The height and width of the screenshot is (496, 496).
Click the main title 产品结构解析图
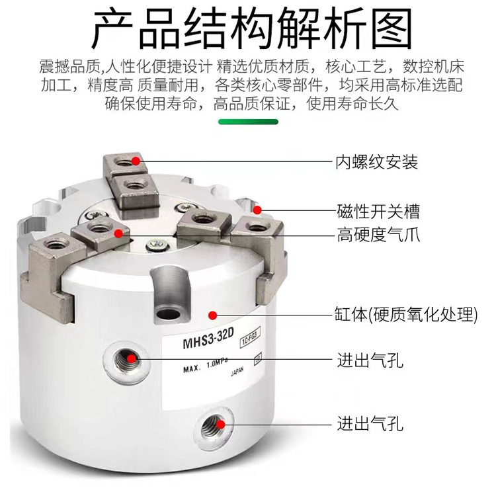point(251,28)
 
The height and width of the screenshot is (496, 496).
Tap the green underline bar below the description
point(248,122)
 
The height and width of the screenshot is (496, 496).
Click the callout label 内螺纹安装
point(377,162)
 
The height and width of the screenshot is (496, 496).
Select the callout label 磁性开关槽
point(378,212)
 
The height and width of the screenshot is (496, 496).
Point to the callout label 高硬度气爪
point(378,235)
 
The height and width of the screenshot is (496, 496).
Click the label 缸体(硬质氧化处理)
point(406,314)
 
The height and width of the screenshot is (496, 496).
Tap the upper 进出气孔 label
point(370,360)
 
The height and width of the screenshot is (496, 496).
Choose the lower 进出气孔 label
point(370,423)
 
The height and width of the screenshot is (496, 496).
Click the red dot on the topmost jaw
point(136,161)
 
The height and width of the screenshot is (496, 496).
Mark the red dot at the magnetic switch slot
point(258,210)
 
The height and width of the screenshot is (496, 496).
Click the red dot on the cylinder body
point(212,315)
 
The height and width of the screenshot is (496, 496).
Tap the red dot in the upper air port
point(131,358)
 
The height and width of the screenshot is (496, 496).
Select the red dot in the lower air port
point(221,424)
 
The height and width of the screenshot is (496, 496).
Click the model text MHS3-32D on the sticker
point(208,339)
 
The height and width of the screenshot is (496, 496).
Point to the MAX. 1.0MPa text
point(206,366)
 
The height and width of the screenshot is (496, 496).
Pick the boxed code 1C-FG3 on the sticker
point(251,337)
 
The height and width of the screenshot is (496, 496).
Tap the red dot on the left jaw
point(118,233)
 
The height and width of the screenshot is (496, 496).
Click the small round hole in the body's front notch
point(168,313)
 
